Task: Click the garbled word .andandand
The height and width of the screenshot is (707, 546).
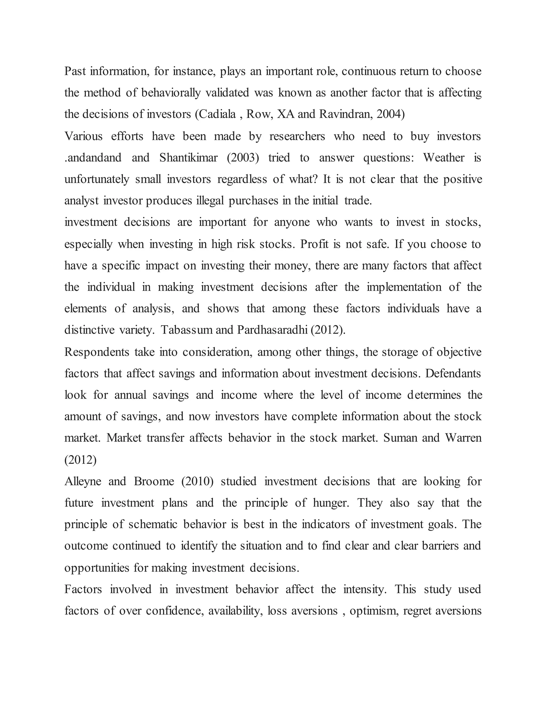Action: coord(93,158)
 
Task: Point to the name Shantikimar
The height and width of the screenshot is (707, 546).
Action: coord(188,158)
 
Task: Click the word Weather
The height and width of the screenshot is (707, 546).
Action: coord(444,158)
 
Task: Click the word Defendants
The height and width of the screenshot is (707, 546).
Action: coord(453,374)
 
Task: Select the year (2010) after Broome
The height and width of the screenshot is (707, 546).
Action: coord(197,481)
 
